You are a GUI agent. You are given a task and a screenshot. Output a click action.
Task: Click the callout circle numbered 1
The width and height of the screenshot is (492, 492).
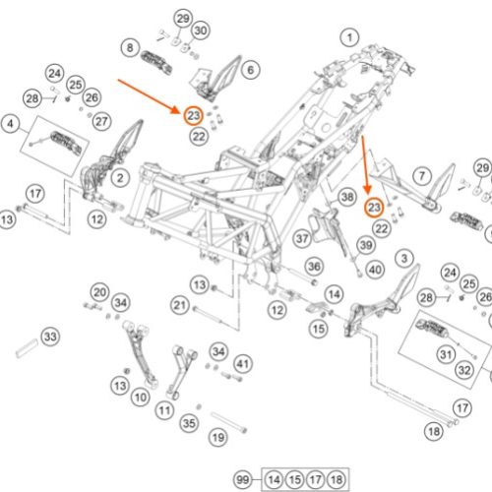[x=349, y=37]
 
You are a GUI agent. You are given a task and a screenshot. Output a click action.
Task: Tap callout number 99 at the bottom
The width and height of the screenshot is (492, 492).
[x=243, y=480]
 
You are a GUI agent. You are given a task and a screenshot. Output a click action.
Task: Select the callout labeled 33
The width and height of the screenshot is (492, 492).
[x=50, y=337]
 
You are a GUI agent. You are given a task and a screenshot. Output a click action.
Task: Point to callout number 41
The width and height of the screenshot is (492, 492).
[x=243, y=364]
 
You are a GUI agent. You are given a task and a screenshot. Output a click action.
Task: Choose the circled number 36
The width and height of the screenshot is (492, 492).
[x=314, y=267]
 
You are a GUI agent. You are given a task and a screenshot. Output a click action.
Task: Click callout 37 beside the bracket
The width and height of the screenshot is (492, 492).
[x=302, y=238]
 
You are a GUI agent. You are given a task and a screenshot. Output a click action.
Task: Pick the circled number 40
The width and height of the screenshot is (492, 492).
[x=375, y=270]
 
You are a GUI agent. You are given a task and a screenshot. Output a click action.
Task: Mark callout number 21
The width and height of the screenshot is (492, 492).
[x=180, y=305]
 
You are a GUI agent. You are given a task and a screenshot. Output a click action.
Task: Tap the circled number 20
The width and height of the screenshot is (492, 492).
[x=99, y=292]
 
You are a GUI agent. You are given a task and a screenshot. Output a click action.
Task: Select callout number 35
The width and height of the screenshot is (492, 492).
[x=189, y=423]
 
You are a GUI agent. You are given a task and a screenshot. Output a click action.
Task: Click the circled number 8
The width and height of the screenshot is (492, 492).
[x=130, y=48]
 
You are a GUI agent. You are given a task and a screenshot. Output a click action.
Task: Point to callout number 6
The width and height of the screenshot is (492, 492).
[x=251, y=70]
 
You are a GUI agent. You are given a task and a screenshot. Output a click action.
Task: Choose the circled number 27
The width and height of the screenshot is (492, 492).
[x=101, y=121]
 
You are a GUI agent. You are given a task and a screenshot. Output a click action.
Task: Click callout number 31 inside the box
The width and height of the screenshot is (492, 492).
[x=446, y=354]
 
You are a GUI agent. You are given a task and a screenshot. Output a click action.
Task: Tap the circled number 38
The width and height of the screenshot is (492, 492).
[x=347, y=197]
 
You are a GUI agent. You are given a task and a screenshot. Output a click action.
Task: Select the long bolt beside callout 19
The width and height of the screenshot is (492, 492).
[x=228, y=422]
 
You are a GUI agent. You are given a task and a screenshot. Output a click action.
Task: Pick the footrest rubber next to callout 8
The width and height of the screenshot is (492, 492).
[x=156, y=62]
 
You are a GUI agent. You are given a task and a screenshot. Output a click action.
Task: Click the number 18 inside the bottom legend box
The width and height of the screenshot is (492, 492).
[x=337, y=480]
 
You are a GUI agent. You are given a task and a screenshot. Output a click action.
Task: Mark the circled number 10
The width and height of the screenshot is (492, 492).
[x=141, y=398]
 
